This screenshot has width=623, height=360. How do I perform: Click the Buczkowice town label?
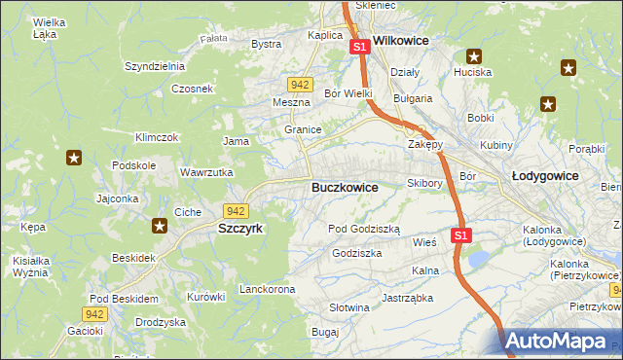[346, 187]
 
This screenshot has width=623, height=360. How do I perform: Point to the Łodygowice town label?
[545, 176]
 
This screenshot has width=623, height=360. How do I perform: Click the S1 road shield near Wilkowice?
[359, 46]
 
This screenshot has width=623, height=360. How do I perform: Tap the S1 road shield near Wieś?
[461, 235]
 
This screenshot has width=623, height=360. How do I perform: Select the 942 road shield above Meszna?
[300, 85]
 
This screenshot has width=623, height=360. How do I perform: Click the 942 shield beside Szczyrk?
[235, 210]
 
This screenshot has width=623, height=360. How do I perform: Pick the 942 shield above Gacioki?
[93, 313]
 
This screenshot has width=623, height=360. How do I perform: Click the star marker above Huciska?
[474, 56]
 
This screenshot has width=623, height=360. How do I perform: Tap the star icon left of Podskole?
[73, 157]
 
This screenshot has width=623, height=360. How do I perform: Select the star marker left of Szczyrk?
[160, 226]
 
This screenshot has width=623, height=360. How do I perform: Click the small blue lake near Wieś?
[478, 259]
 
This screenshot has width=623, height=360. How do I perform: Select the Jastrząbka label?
[406, 298]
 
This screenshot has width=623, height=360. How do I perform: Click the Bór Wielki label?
[348, 93]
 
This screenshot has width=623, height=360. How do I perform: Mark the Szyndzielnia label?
[154, 66]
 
